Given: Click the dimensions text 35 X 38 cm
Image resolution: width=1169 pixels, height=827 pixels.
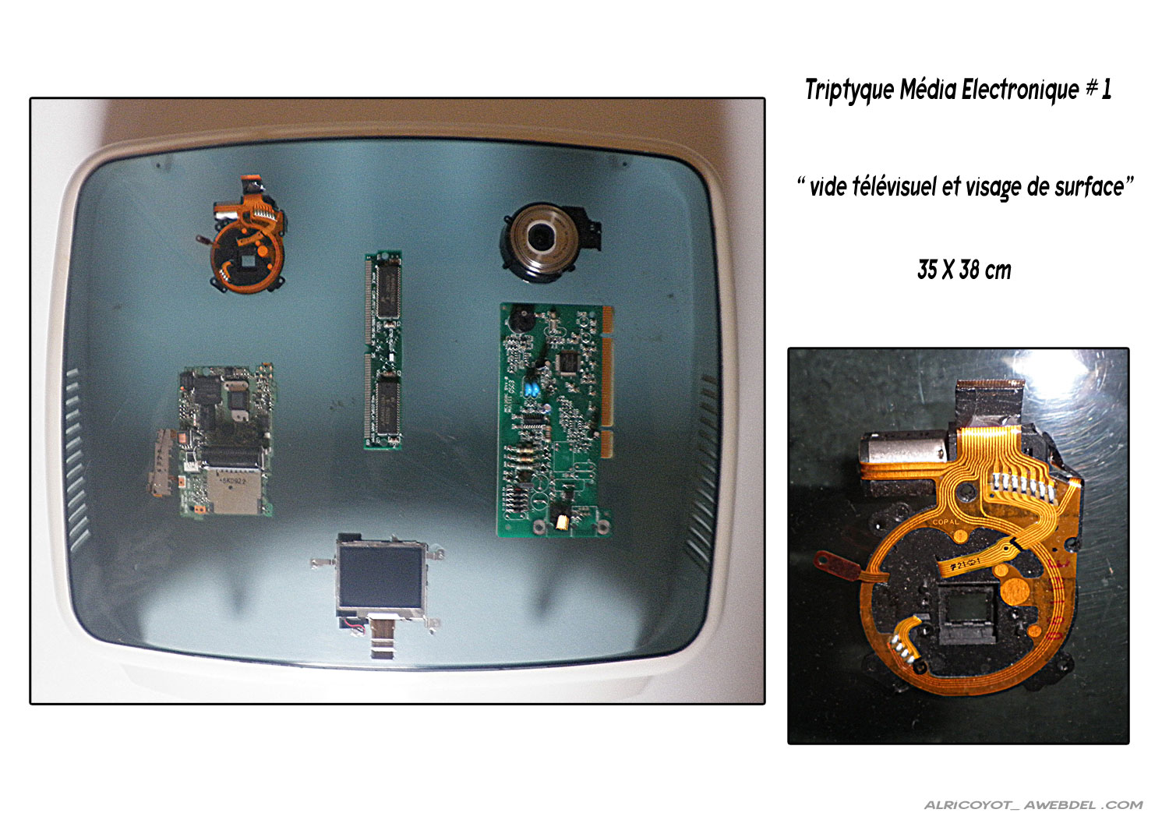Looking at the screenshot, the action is [x=964, y=270].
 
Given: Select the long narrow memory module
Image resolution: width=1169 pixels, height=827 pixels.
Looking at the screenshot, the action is [x=383, y=350].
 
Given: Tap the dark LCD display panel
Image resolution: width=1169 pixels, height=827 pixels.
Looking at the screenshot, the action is [x=380, y=576].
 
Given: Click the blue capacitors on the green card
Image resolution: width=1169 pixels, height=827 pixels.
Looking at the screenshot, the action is [x=532, y=390].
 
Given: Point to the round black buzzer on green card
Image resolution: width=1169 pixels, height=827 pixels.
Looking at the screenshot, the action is [x=521, y=318].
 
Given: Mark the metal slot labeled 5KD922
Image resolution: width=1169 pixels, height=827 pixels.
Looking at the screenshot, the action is [x=234, y=491].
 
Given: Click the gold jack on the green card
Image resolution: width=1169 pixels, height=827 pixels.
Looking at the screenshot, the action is [x=563, y=522].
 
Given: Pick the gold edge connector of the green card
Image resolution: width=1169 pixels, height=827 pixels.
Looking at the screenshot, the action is [x=607, y=381].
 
